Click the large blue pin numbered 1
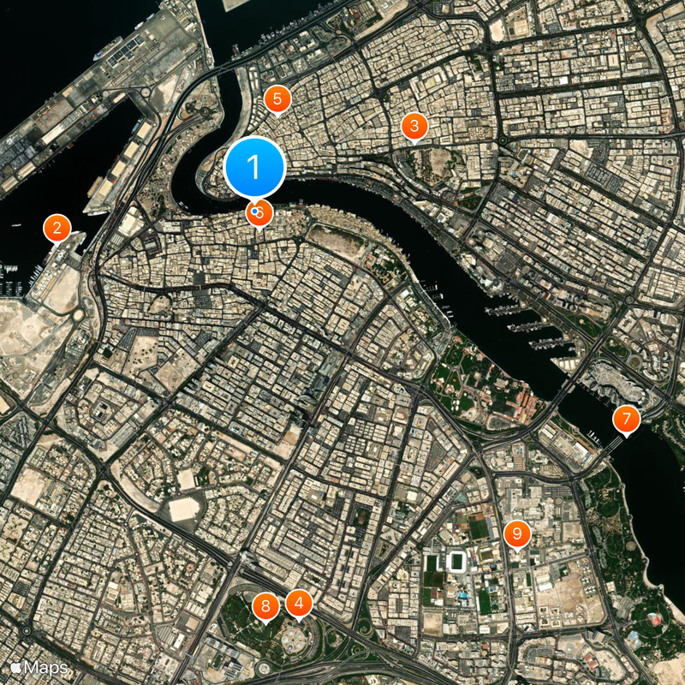[x=254, y=165]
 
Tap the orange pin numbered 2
[x=57, y=229]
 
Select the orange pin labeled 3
[x=414, y=127]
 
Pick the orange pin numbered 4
[x=298, y=604]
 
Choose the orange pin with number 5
[x=277, y=98]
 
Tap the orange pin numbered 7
[x=626, y=420]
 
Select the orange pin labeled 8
[x=265, y=607]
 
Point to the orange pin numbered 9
[x=516, y=533]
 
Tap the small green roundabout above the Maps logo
[x=26, y=631]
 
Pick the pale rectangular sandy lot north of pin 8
[x=184, y=509]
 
